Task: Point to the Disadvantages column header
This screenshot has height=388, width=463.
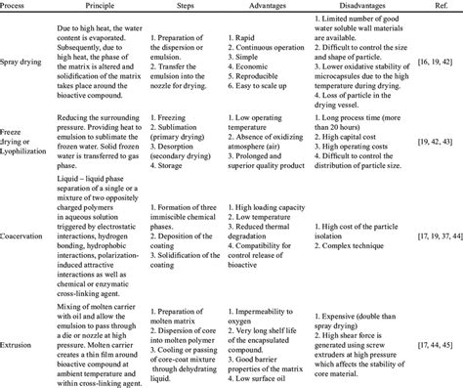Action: [x=354, y=6]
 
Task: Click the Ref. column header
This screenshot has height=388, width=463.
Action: [x=436, y=6]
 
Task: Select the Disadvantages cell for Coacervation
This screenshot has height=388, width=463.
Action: [x=356, y=236]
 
